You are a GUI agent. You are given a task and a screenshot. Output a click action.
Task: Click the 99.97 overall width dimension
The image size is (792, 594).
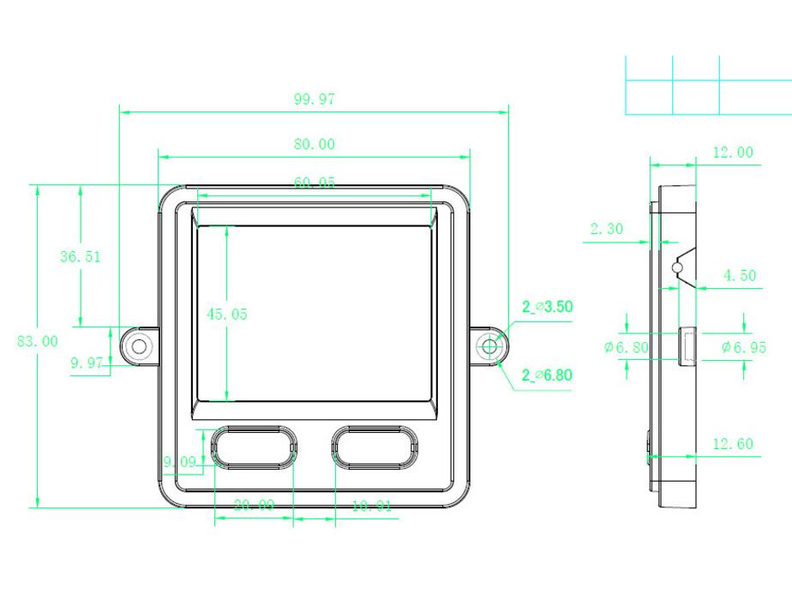coord(314,99)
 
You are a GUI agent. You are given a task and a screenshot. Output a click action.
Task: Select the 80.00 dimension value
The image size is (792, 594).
coord(314,144)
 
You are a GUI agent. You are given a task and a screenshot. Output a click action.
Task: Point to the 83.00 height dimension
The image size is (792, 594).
coord(38,341)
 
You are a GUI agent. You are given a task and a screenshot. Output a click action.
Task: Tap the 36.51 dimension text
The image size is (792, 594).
coord(80,257)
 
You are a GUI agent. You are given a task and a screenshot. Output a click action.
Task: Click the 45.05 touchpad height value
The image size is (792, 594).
coord(226,315)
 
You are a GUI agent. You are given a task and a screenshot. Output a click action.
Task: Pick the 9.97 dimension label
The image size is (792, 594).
coord(87,363)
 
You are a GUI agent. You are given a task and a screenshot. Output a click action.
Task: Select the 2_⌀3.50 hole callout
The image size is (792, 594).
coord(547,306)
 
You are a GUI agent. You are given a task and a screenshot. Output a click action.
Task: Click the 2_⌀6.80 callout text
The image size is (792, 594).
coord(547,375)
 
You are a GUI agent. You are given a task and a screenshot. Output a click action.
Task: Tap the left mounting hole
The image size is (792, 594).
coord(139,345)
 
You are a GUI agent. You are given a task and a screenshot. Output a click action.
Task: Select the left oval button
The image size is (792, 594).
coord(254,447)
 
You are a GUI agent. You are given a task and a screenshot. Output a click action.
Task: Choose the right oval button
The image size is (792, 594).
coord(375,447)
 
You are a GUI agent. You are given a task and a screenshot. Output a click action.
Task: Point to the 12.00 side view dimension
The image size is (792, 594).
coord(733,153)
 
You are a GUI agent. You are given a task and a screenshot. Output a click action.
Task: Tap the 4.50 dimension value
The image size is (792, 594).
coord(739,276)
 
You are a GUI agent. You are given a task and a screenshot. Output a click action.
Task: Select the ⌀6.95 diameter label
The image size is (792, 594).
coord(743,347)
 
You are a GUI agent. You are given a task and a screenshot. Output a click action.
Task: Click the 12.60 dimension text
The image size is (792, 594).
coord(733,443)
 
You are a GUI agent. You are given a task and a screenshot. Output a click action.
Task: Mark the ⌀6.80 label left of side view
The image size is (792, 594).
coord(626,347)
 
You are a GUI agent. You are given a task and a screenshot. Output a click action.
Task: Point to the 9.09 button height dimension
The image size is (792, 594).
coord(181,461)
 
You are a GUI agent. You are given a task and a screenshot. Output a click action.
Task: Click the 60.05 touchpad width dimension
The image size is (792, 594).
coord(314,183)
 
